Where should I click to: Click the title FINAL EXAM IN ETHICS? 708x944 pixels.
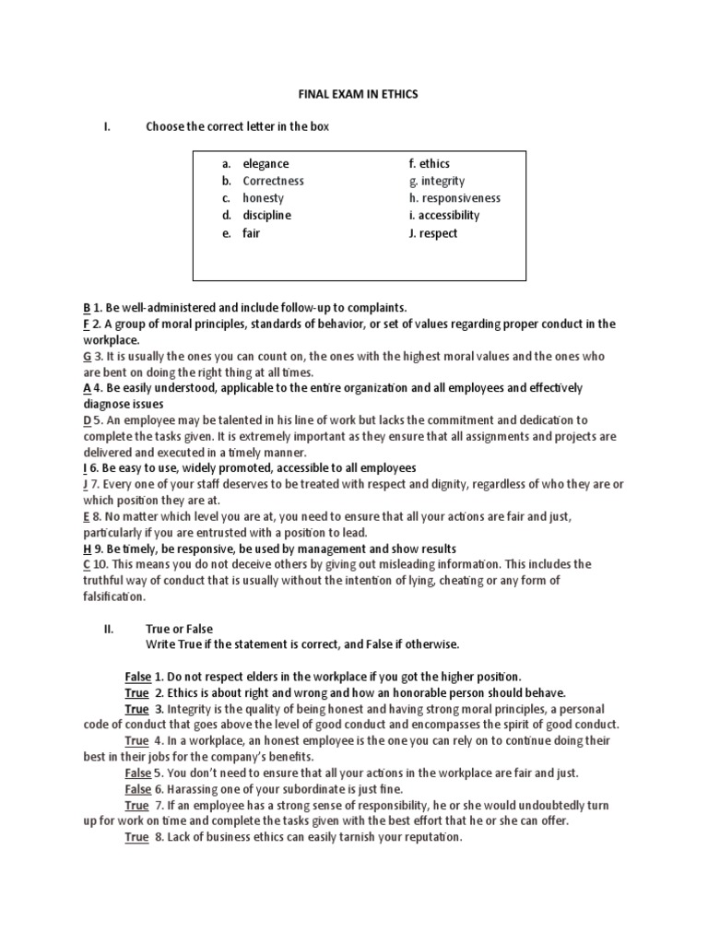353,93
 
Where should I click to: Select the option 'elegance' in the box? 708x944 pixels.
265,164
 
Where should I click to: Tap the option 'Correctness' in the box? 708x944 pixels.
273,182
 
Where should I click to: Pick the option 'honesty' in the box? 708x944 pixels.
264,198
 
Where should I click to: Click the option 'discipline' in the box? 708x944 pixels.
266,216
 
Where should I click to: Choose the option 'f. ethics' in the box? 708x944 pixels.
429,164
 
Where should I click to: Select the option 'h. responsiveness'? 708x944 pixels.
454,198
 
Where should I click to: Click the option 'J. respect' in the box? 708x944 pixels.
432,233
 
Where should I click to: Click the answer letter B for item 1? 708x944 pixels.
87,307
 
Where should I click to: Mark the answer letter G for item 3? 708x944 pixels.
87,357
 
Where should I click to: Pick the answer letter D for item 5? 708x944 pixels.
87,419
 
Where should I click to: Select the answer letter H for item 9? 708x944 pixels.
87,548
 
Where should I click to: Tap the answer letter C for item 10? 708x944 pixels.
87,564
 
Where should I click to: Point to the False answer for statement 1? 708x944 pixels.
137,676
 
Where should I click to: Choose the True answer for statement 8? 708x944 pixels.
136,838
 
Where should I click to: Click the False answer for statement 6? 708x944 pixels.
137,789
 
